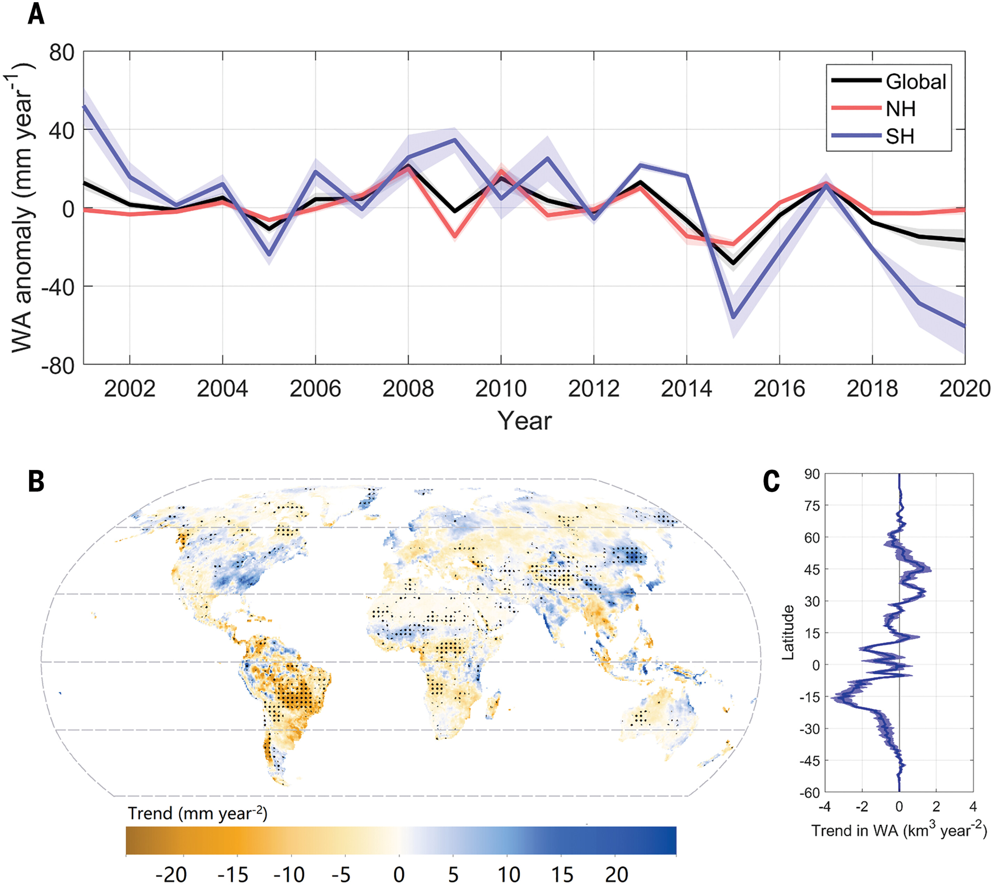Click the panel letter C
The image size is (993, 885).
click(771, 481)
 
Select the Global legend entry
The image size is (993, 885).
click(916, 82)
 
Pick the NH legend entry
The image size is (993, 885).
click(901, 109)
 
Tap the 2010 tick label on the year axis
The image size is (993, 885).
click(501, 389)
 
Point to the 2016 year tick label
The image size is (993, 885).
click(779, 389)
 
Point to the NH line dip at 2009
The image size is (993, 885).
click(455, 237)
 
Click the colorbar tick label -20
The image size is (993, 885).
click(171, 874)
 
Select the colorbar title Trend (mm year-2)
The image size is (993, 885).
click(197, 813)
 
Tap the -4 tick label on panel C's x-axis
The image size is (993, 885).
click(824, 807)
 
